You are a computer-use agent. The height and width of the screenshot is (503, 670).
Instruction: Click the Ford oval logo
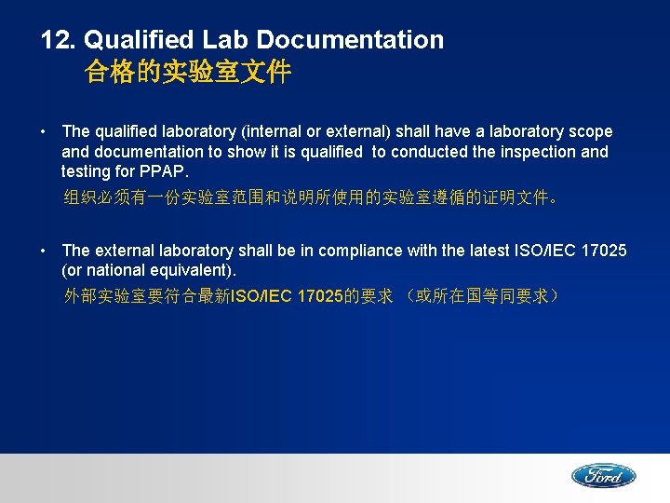click(603, 476)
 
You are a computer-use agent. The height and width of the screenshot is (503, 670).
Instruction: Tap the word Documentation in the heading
click(350, 40)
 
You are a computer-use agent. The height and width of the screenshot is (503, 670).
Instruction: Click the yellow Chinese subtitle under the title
click(188, 72)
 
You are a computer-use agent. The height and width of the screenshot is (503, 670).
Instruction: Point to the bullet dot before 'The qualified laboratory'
click(44, 132)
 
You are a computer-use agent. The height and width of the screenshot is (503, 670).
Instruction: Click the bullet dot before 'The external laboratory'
click(44, 251)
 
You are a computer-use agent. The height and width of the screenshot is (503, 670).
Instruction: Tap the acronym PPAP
click(163, 171)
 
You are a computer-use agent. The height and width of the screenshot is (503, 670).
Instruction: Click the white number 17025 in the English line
click(602, 251)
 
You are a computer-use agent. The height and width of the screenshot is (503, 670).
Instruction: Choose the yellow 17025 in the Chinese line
click(319, 296)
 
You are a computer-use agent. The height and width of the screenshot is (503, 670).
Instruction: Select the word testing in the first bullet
click(86, 171)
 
